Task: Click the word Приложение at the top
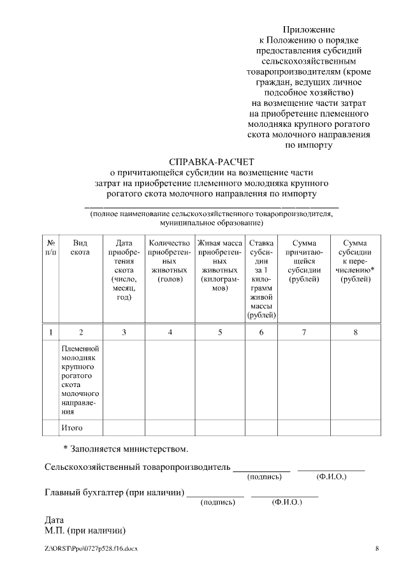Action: (309, 29)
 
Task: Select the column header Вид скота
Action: (80, 247)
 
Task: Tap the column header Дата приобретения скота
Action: (124, 270)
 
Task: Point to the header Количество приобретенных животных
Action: (169, 261)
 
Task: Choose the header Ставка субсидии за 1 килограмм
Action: (261, 279)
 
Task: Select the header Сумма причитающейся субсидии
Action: (304, 261)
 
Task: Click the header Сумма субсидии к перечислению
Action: (355, 261)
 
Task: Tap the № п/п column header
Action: (50, 247)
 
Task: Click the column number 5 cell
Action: (220, 332)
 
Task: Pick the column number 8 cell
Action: (355, 332)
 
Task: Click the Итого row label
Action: (72, 427)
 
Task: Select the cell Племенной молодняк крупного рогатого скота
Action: (80, 380)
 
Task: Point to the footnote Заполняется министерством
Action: (126, 449)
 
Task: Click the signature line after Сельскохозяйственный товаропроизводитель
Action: (261, 469)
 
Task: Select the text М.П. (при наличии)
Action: (85, 530)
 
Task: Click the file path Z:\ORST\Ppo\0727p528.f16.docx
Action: (91, 549)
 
